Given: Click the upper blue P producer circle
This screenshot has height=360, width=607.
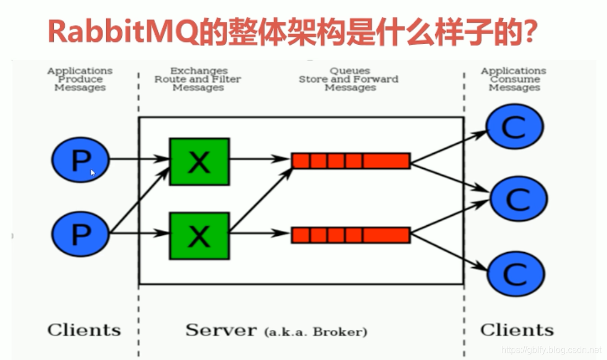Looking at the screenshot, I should [80, 161].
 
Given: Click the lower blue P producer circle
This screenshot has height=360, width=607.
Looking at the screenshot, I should [80, 233].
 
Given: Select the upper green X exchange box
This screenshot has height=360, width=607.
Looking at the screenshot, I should [199, 162].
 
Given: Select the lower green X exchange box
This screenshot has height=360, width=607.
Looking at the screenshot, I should [199, 235].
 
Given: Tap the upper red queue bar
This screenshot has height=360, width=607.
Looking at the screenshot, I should [351, 161].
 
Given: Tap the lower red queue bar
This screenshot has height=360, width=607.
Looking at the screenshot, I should [351, 235].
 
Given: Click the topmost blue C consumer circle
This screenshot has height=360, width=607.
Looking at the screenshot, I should [514, 127].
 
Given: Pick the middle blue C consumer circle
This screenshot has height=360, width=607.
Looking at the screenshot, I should [518, 198].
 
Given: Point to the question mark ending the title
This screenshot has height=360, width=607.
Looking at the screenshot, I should [528, 32].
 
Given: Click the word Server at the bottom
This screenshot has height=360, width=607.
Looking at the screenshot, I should [221, 330].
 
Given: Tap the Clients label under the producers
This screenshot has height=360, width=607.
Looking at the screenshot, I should [84, 330].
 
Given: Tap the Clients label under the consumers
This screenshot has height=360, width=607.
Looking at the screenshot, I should [517, 330].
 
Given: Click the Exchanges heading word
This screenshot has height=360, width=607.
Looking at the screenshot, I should [199, 71].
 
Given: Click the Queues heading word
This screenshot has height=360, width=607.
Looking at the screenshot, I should [350, 71].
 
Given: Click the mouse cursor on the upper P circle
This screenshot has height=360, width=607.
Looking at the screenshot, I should [93, 173].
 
